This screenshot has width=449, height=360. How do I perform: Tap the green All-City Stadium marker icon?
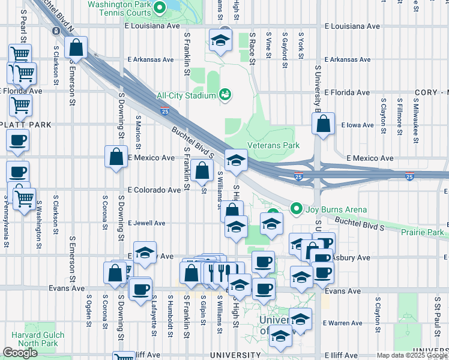[x=226, y=94]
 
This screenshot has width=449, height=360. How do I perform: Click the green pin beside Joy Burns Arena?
[x=295, y=209]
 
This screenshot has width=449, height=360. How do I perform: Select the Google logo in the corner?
[x=20, y=352]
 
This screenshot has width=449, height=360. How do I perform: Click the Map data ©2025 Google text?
[x=411, y=355]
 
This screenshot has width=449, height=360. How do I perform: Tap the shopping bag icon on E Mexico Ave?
[x=115, y=157]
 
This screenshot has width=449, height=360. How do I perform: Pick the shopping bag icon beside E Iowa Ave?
[x=323, y=124]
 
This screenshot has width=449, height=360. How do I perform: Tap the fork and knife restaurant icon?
[x=221, y=272]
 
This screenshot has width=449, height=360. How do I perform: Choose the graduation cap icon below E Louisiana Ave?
[x=220, y=41]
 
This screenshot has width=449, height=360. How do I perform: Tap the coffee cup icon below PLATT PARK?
[x=17, y=141]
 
